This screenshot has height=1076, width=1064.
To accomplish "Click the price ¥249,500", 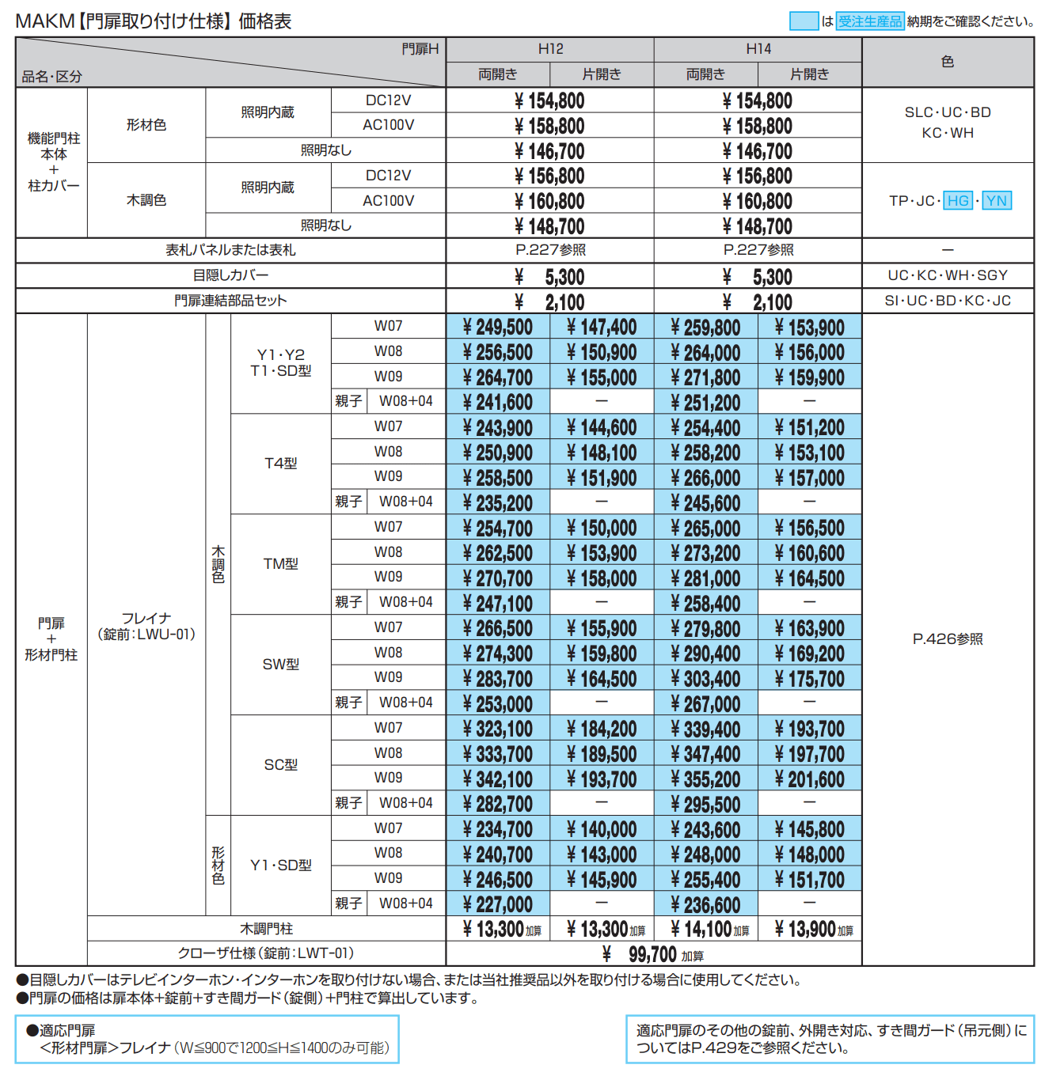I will [x=498, y=327].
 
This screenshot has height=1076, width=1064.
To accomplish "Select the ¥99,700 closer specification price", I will [x=653, y=954].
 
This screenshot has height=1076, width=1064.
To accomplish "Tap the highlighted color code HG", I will [x=958, y=201].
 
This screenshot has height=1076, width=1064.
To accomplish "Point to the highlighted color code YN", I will [x=997, y=201].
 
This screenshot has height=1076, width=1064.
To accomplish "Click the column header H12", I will [x=550, y=49].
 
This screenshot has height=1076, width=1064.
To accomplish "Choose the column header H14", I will [x=758, y=49].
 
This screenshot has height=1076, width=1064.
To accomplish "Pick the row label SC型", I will [x=280, y=765].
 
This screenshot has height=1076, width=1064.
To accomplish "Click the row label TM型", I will [x=280, y=564].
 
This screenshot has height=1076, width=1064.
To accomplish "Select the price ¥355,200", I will [x=705, y=779].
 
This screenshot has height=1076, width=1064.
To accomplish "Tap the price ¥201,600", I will [x=809, y=779].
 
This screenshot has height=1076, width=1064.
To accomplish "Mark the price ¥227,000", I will [x=498, y=904].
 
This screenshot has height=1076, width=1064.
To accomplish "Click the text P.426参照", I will [x=948, y=639].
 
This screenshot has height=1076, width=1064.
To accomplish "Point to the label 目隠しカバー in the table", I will [x=230, y=275].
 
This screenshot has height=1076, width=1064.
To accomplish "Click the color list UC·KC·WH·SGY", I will [x=948, y=275].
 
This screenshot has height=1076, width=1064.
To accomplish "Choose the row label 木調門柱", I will [x=266, y=929].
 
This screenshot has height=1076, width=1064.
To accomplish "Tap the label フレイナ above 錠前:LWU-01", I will [x=146, y=618].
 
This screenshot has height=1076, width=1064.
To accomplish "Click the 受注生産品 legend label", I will [x=870, y=21].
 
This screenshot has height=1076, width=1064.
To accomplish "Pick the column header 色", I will [x=948, y=62].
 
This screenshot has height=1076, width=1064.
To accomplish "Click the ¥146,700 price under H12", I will [x=549, y=151].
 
